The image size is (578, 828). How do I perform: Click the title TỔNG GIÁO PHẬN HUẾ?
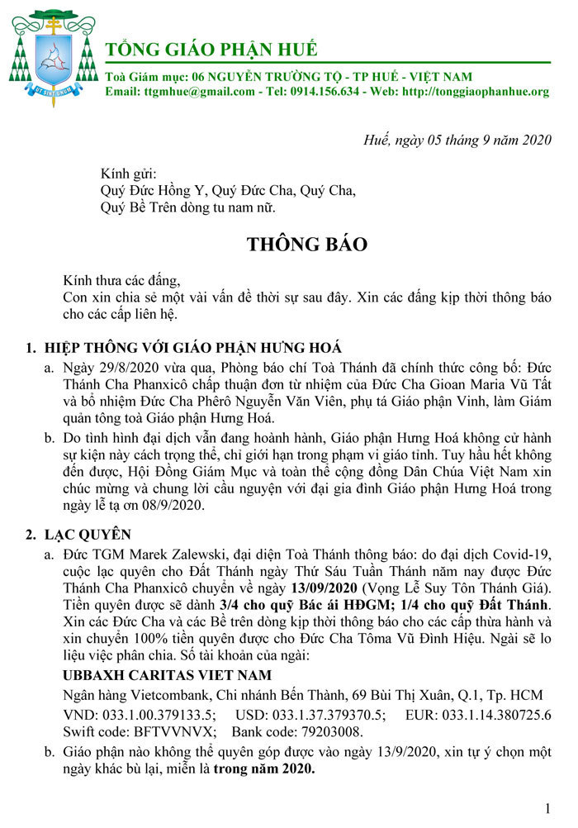pos(211,48)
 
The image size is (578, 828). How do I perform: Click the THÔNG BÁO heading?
pos(305,245)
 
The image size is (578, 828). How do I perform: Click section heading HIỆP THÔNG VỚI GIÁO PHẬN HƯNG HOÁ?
pos(203,346)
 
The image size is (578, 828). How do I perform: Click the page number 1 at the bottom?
pos(548,807)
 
